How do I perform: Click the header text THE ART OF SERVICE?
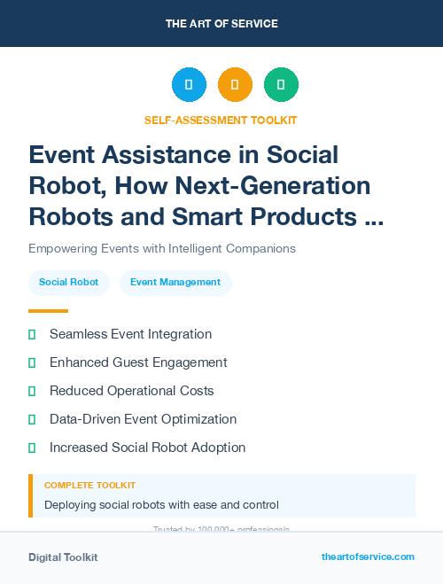[x=221, y=23]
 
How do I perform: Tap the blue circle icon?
[x=189, y=85]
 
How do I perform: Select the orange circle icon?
[x=235, y=85]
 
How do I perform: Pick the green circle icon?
[x=281, y=85]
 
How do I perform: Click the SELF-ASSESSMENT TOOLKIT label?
[x=221, y=120]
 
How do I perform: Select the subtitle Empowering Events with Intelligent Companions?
[x=161, y=248]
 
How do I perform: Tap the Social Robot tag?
[x=68, y=283]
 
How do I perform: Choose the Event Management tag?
[x=175, y=283]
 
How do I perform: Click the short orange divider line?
[x=48, y=311]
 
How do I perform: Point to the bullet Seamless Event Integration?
[x=130, y=334]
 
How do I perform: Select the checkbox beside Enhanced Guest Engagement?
[x=32, y=362]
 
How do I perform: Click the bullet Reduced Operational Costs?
[x=131, y=391]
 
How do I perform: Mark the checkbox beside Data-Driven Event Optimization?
[x=32, y=419]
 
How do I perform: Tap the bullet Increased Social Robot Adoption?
[x=147, y=448]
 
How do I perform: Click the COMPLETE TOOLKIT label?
[x=89, y=486]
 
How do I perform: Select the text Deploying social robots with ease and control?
[x=161, y=505]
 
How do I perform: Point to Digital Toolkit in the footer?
[x=63, y=557]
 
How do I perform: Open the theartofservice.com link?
[x=368, y=557]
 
